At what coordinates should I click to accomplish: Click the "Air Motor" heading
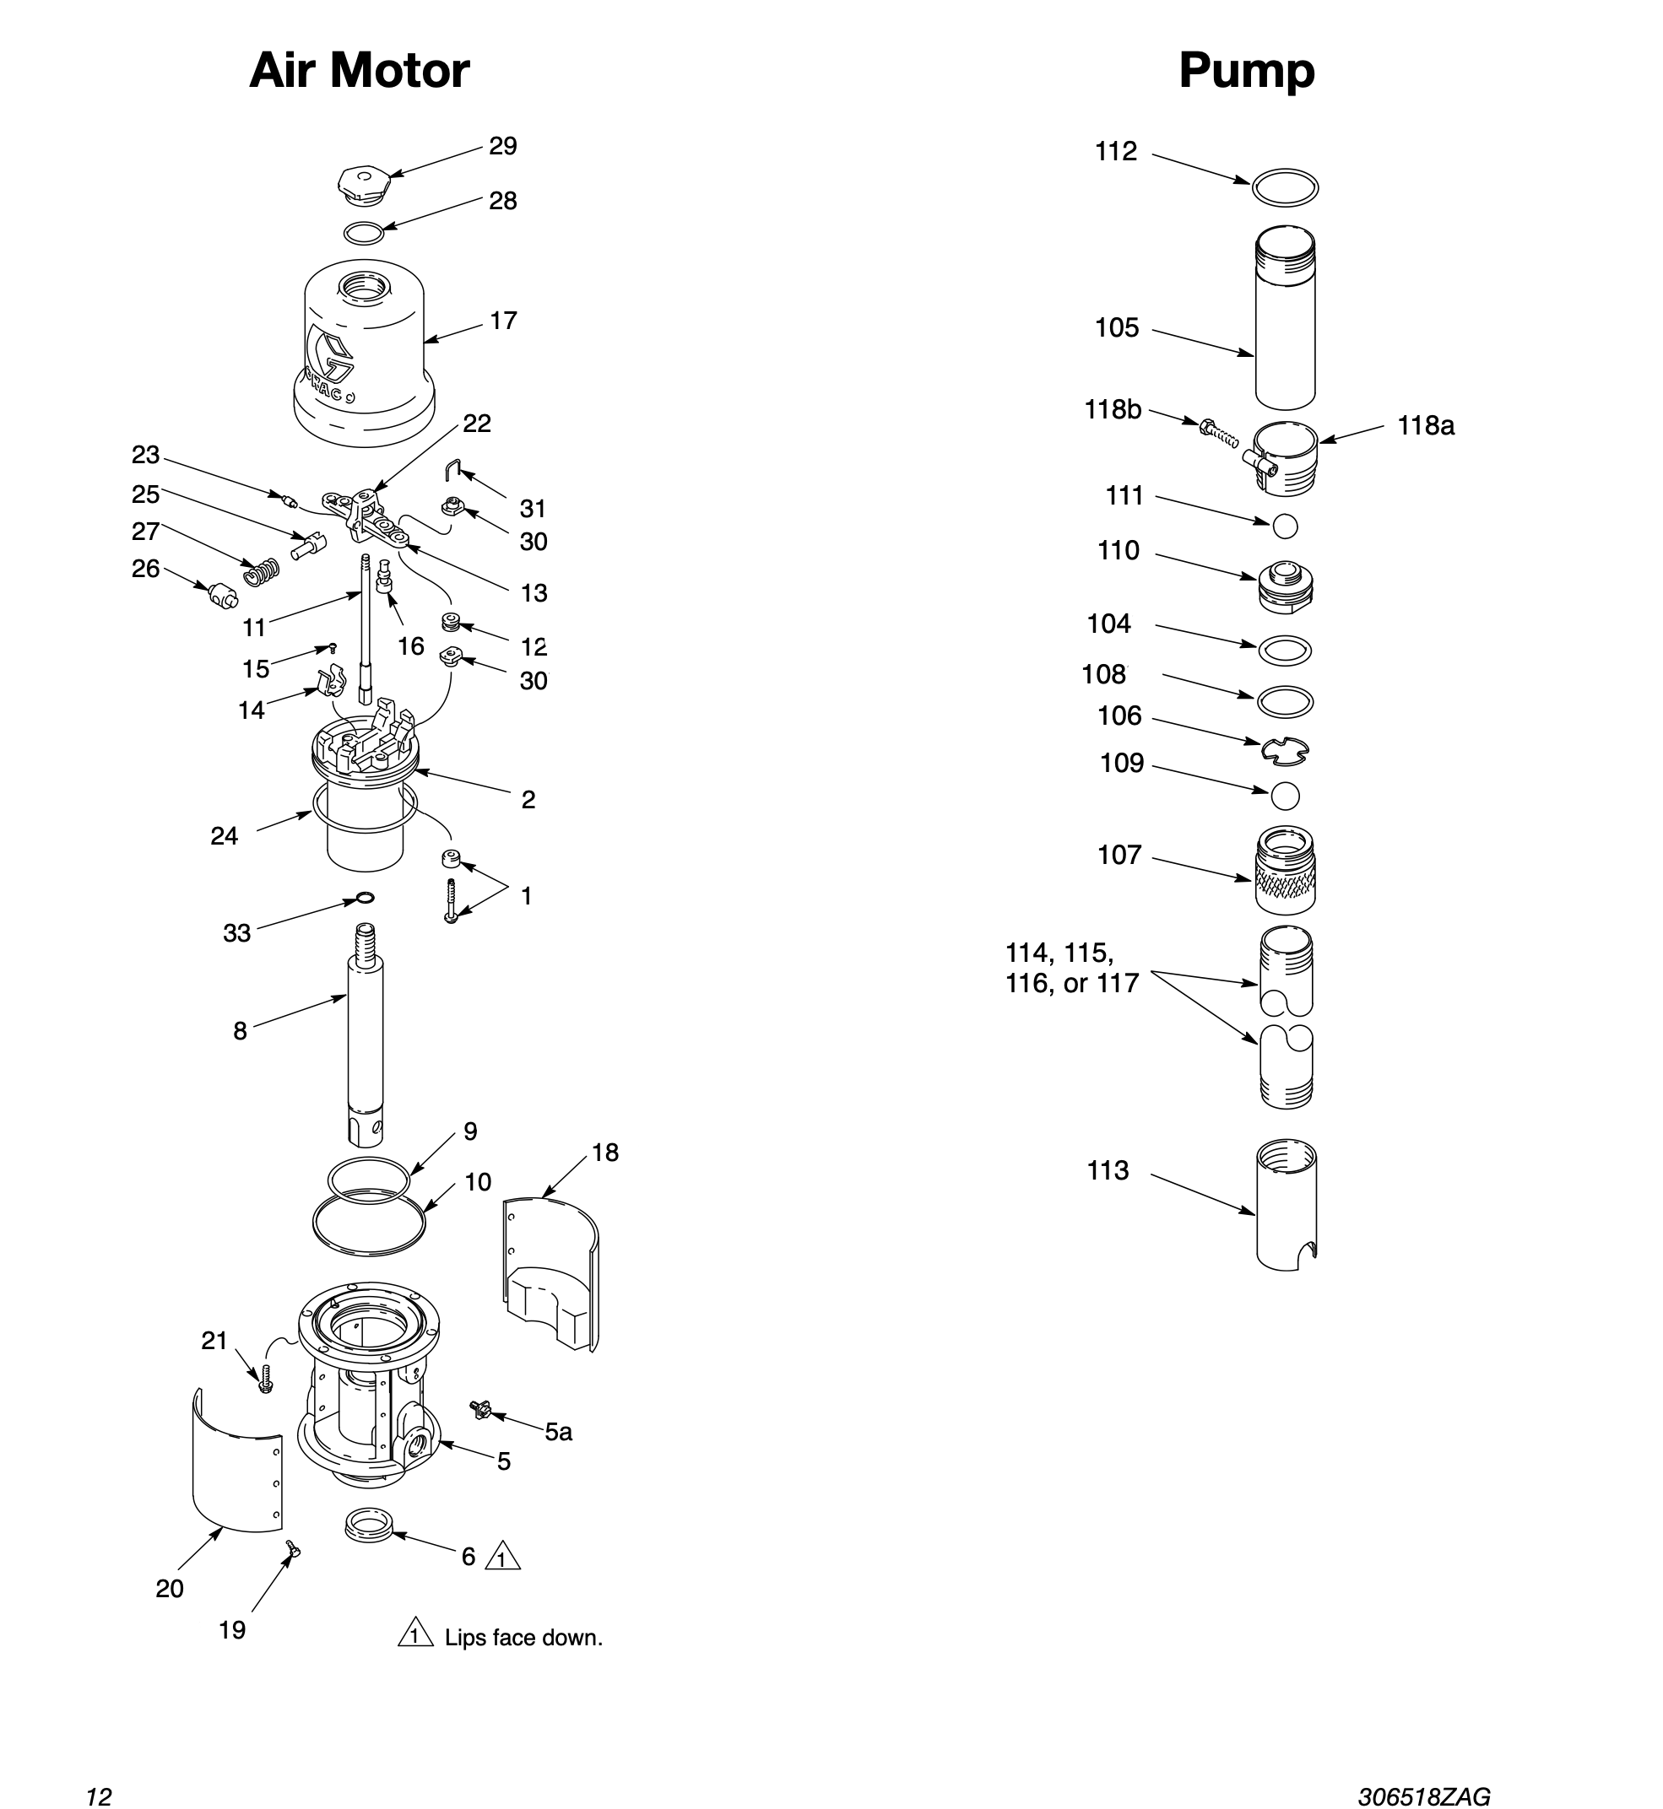(x=359, y=70)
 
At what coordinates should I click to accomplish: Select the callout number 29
(x=503, y=146)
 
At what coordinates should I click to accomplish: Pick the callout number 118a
(x=1426, y=425)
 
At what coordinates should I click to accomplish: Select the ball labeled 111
(x=1285, y=526)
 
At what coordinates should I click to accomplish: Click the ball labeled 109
(x=1285, y=795)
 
